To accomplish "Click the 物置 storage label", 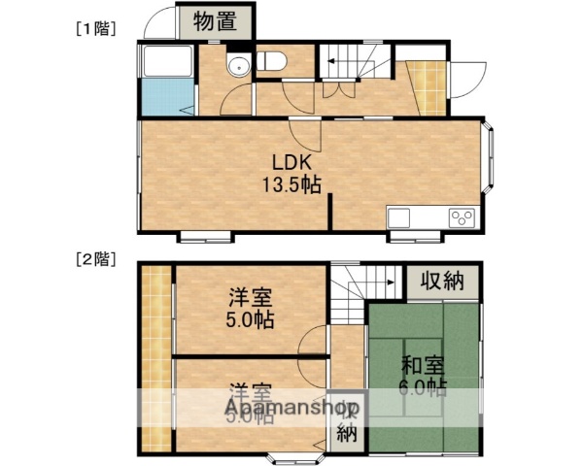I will point(215,22).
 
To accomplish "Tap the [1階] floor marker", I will point(96,28).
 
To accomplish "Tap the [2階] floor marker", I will point(96,259).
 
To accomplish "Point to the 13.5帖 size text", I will point(290,184).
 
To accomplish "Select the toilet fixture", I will point(271,62).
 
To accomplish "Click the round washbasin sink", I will point(235,65).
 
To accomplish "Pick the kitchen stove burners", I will point(460,216).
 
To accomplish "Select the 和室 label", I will point(423,366).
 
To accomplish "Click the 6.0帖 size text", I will point(423,388).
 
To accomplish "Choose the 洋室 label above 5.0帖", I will point(251,299).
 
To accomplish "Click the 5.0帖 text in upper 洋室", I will point(251,321).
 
